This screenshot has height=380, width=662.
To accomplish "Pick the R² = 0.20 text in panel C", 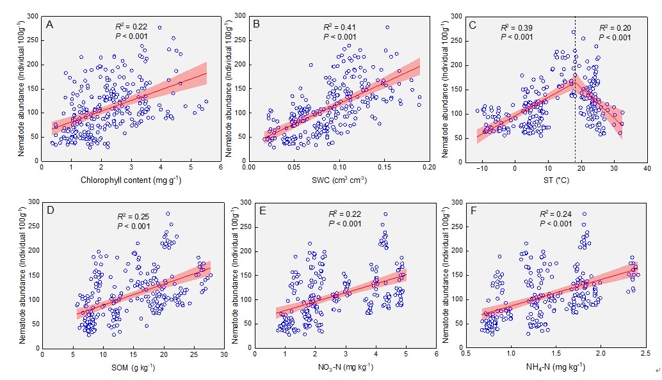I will pyautogui.click(x=614, y=28).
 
